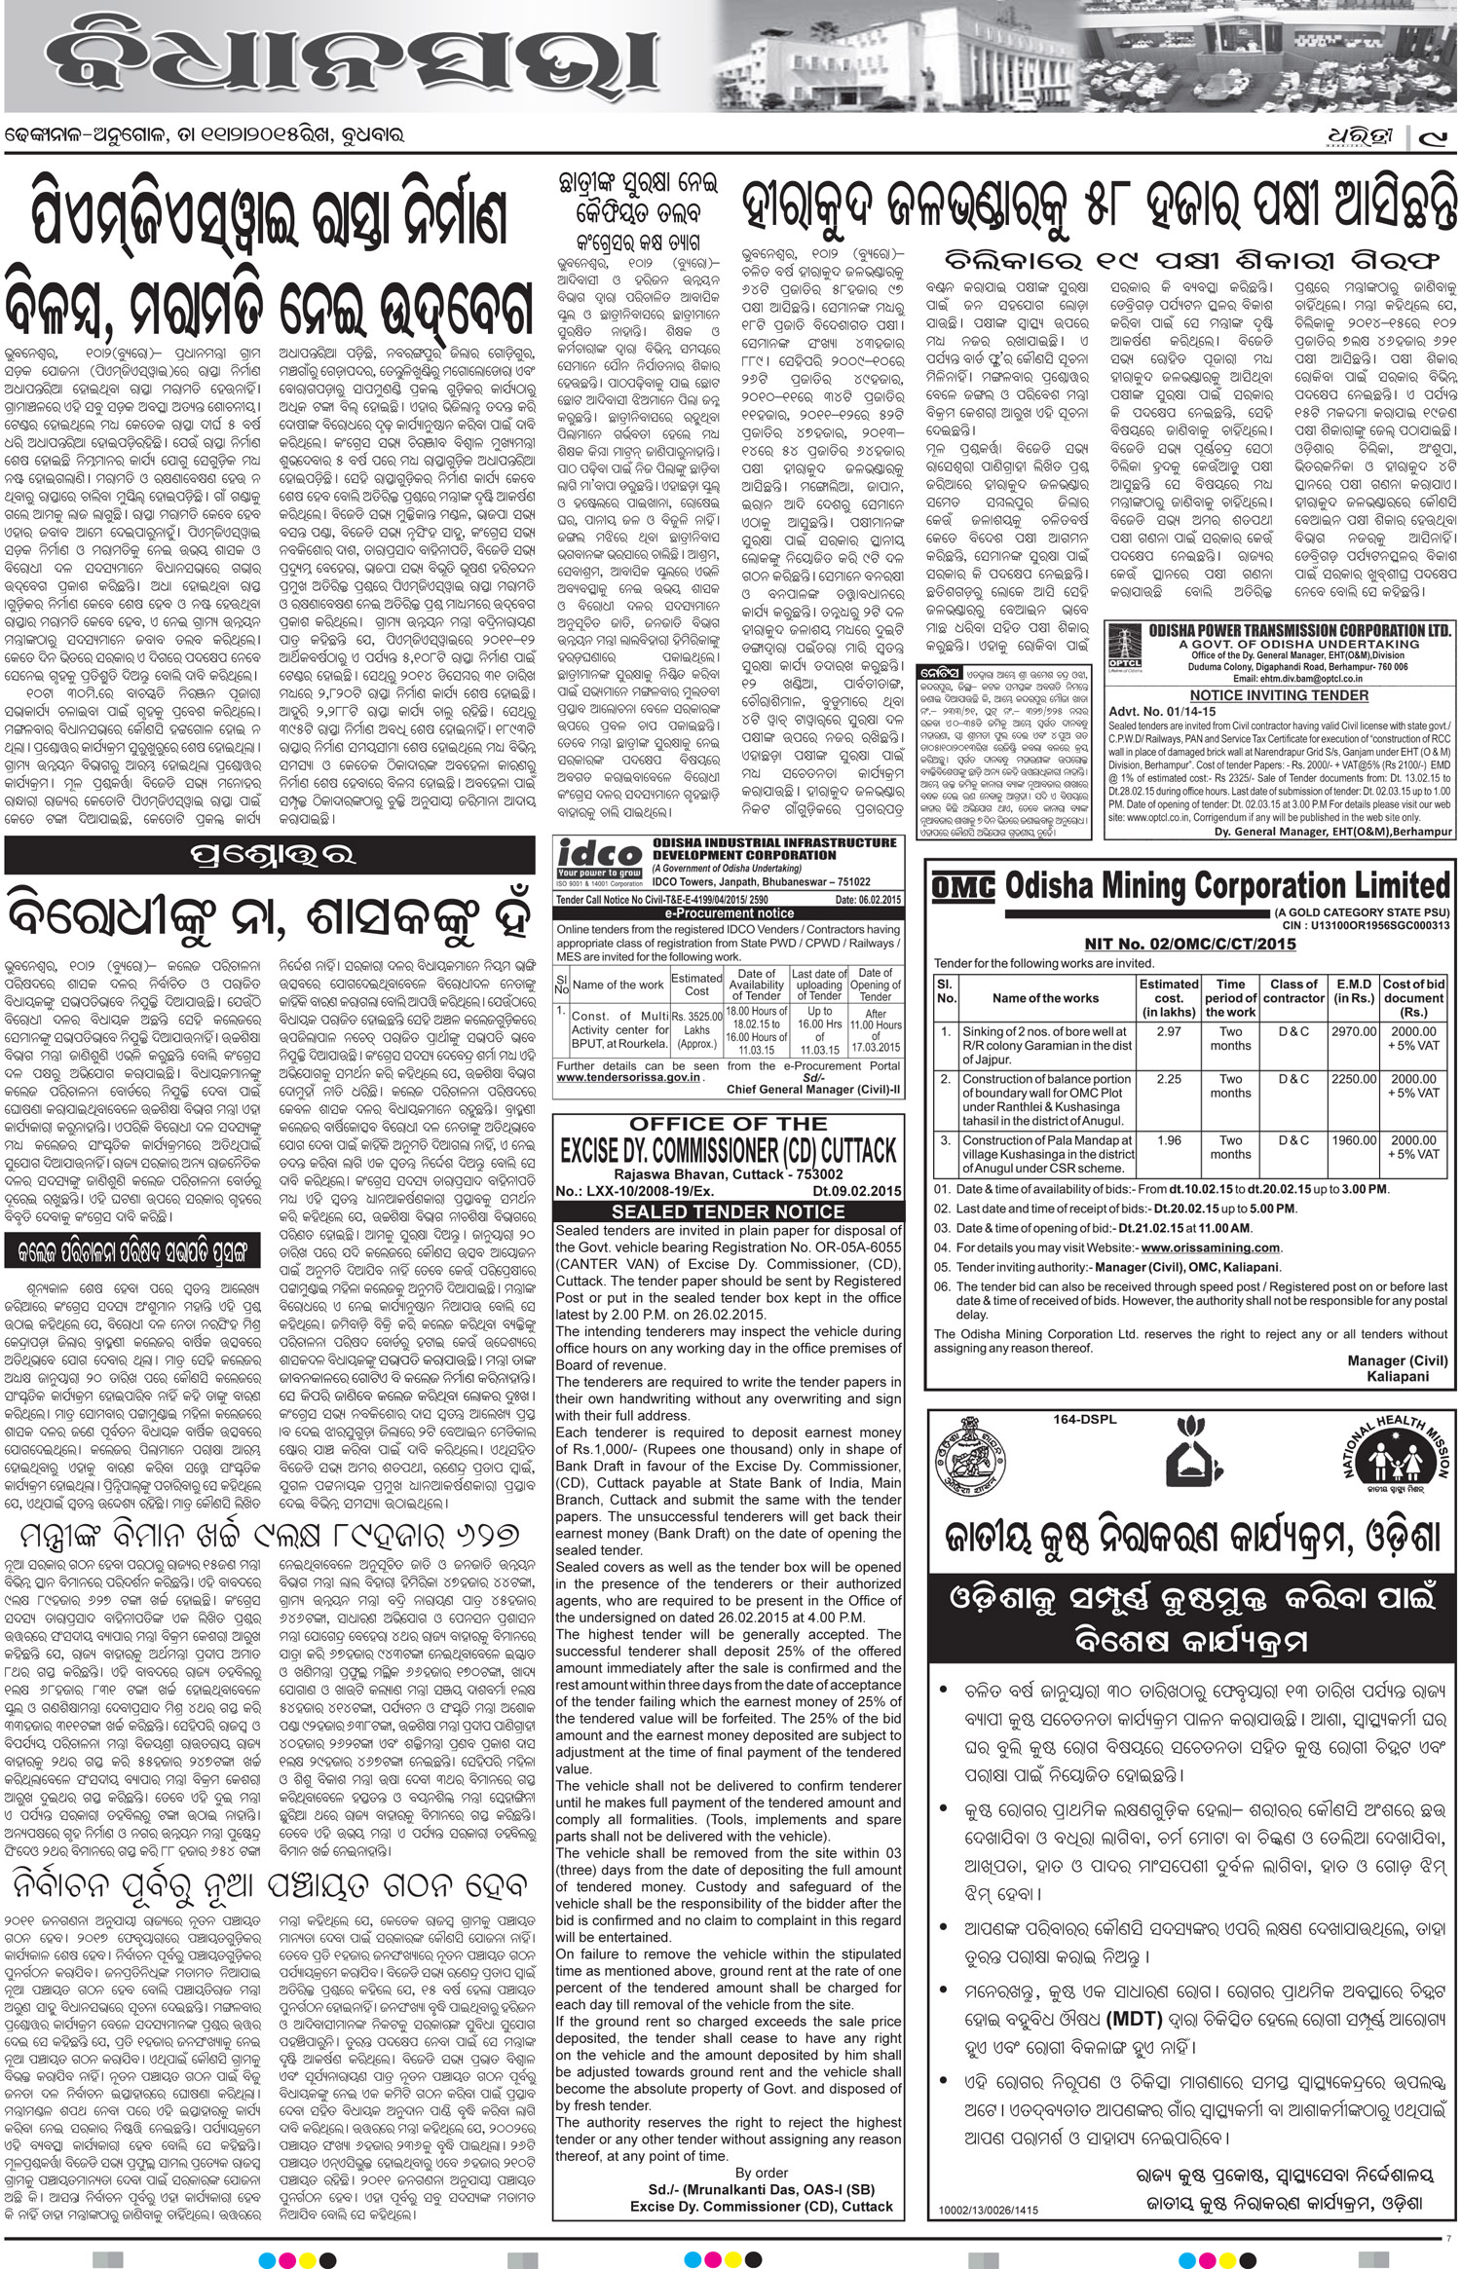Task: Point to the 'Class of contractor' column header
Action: pyautogui.click(x=1293, y=990)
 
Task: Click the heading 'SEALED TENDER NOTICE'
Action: pyautogui.click(x=727, y=1211)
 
